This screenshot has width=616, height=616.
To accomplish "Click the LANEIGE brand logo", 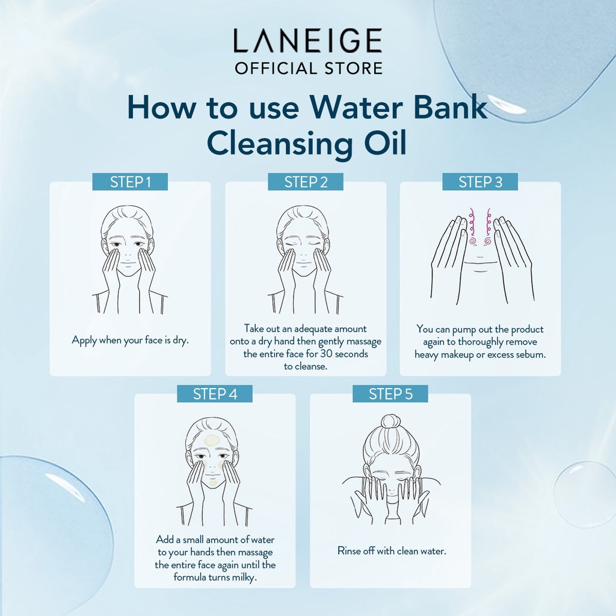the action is [x=307, y=40].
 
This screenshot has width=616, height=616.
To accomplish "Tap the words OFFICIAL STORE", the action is [x=309, y=69].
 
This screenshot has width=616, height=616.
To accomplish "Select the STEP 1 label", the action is [x=130, y=182].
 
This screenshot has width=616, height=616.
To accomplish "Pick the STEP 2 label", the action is [x=306, y=182].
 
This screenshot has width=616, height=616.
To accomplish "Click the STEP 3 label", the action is [x=480, y=182].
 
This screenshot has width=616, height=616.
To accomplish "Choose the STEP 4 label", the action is [x=215, y=393].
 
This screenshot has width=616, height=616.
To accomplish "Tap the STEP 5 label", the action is [x=390, y=393].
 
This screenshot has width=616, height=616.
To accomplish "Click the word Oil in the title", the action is [x=385, y=143].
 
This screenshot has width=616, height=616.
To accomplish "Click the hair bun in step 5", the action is [x=390, y=422].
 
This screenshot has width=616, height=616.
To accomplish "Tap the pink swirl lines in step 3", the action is [x=480, y=227].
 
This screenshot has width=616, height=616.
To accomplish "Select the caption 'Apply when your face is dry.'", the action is [x=130, y=340].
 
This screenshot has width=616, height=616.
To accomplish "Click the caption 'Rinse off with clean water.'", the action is [x=392, y=551].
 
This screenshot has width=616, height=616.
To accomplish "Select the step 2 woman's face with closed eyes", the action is [x=303, y=251].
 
